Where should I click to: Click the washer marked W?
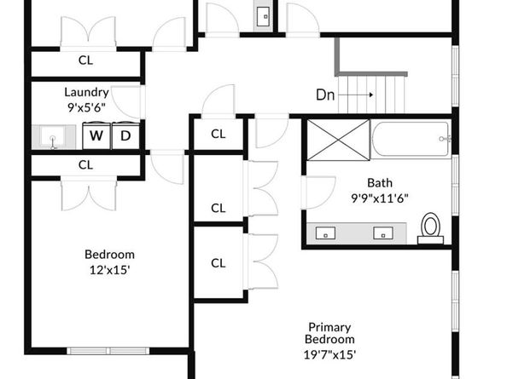point(96,135)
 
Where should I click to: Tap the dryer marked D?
point(125,135)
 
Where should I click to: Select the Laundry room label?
point(86,93)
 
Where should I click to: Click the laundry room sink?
point(54,137)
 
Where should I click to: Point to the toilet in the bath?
point(430,228)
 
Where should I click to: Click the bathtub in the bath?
point(411,139)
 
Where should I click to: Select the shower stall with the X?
point(338,140)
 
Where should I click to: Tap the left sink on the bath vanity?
point(325,233)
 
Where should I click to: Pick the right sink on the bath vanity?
point(383,233)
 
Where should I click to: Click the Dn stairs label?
point(325,95)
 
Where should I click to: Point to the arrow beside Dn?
point(356,95)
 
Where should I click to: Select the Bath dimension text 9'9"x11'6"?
point(380,198)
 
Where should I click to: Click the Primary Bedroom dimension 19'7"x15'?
point(329,355)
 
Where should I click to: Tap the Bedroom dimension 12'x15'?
point(109,270)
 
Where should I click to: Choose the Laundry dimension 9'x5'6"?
point(86,107)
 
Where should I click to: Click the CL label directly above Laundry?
point(85,60)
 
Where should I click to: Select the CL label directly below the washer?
point(85,165)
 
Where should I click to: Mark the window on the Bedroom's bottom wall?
point(108,351)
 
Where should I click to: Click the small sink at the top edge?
point(263,16)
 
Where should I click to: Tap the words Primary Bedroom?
point(329,333)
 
